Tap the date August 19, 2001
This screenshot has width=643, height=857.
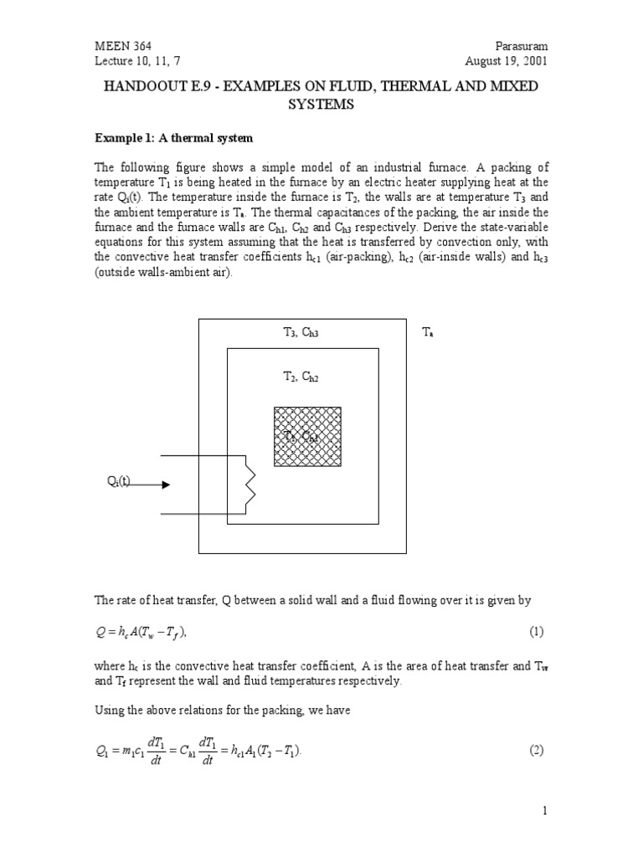pos(506,61)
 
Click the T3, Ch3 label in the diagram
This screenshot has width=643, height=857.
pos(301,332)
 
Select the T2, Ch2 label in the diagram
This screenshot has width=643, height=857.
pos(301,377)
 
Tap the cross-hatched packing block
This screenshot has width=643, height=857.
pos(307,437)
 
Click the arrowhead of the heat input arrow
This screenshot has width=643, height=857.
pos(166,485)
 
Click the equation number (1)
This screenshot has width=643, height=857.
pos(537,630)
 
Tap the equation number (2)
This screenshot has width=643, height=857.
pos(537,750)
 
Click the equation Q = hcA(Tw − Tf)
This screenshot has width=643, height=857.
pos(151,630)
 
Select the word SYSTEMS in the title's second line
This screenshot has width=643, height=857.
pos(321,105)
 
